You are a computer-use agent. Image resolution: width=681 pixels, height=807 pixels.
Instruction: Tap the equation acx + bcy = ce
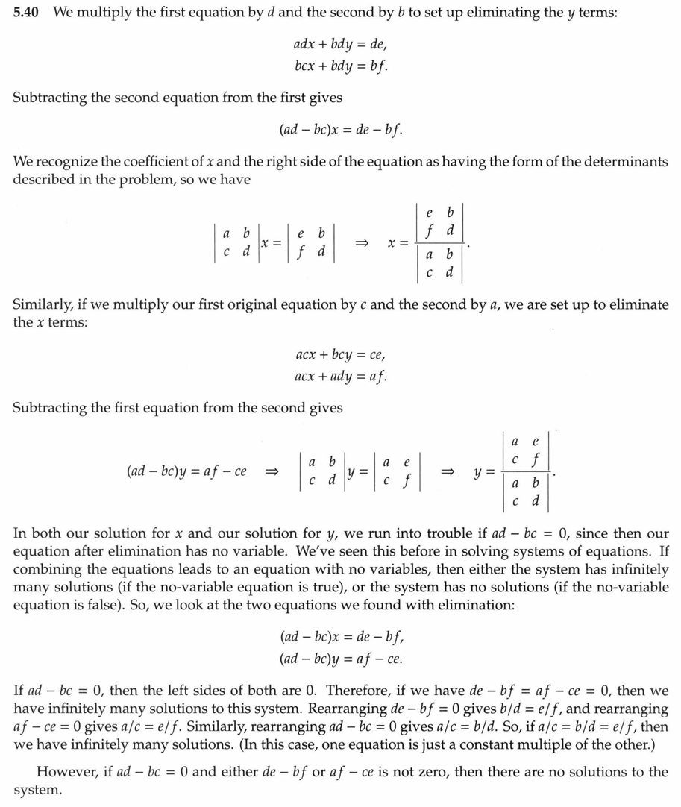point(339,357)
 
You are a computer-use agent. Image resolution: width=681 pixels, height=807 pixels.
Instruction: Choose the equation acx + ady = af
point(339,377)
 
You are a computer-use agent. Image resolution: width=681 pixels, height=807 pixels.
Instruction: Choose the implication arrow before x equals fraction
point(362,244)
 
